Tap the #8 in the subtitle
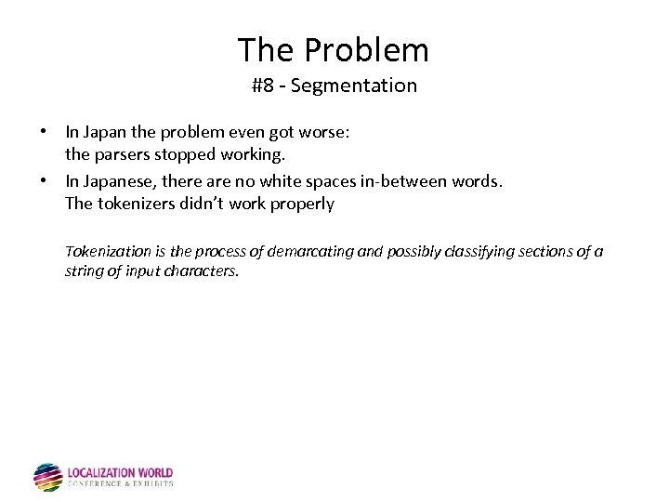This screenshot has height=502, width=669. [x=262, y=86]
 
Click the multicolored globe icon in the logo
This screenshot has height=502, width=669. [x=47, y=477]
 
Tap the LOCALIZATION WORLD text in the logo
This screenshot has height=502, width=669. [x=120, y=473]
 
